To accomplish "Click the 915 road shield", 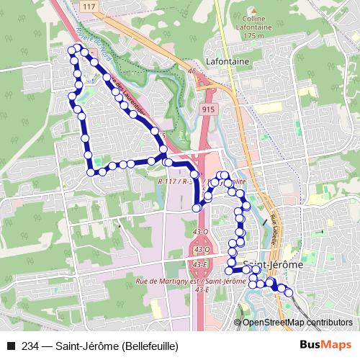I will coord(208,107).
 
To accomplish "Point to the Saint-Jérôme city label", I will coord(273,264).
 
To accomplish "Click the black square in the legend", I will coord(9,346).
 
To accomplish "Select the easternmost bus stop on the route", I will coord(289,292).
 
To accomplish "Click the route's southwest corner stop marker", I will coord(91,171).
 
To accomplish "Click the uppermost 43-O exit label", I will coord(201,232).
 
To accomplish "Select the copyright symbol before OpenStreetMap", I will coord(238,323).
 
